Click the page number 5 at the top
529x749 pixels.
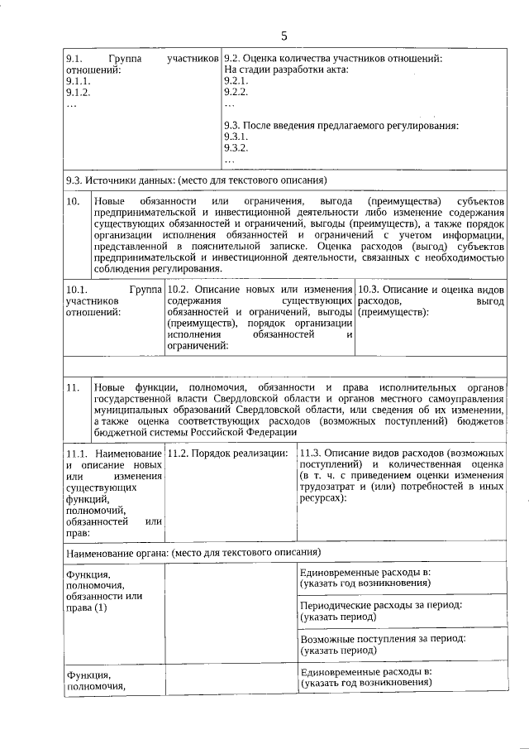pos(284,36)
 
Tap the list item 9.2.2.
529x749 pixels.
pos(236,93)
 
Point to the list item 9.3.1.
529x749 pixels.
pos(236,137)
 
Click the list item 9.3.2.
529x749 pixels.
pos(236,149)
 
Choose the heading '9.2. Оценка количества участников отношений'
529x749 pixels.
pos(333,59)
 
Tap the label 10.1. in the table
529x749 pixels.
pos(76,290)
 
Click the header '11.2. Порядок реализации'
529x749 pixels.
pos(227,454)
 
